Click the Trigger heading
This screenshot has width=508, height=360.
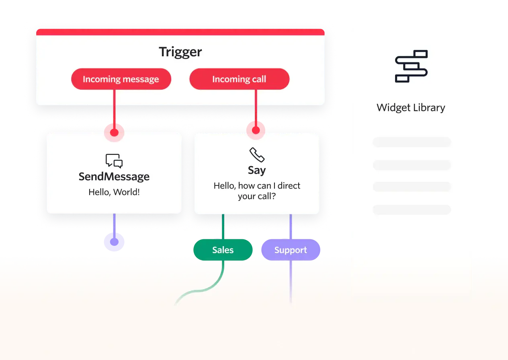pyautogui.click(x=180, y=52)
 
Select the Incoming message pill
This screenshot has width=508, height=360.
pyautogui.click(x=121, y=79)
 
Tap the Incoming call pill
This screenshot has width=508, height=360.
pyautogui.click(x=239, y=79)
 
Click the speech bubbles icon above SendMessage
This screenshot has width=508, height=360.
pyautogui.click(x=114, y=161)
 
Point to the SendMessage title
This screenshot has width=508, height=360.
pyautogui.click(x=114, y=177)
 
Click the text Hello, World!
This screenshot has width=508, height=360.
pyautogui.click(x=114, y=192)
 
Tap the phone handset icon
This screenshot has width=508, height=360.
pyautogui.click(x=257, y=155)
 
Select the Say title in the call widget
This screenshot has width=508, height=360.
pyautogui.click(x=257, y=170)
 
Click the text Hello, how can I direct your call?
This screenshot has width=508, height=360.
pyautogui.click(x=257, y=191)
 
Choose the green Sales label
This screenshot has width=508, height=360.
pyautogui.click(x=223, y=250)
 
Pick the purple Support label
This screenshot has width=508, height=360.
pyautogui.click(x=291, y=250)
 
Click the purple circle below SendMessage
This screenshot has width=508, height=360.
pyautogui.click(x=114, y=241)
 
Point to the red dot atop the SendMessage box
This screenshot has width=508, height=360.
pyautogui.click(x=114, y=132)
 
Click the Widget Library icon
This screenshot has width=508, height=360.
pyautogui.click(x=411, y=66)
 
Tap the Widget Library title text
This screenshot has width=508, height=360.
pyautogui.click(x=411, y=108)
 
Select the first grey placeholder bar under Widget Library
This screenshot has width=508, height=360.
pyautogui.click(x=412, y=142)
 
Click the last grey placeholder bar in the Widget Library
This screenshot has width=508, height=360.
pyautogui.click(x=412, y=210)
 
